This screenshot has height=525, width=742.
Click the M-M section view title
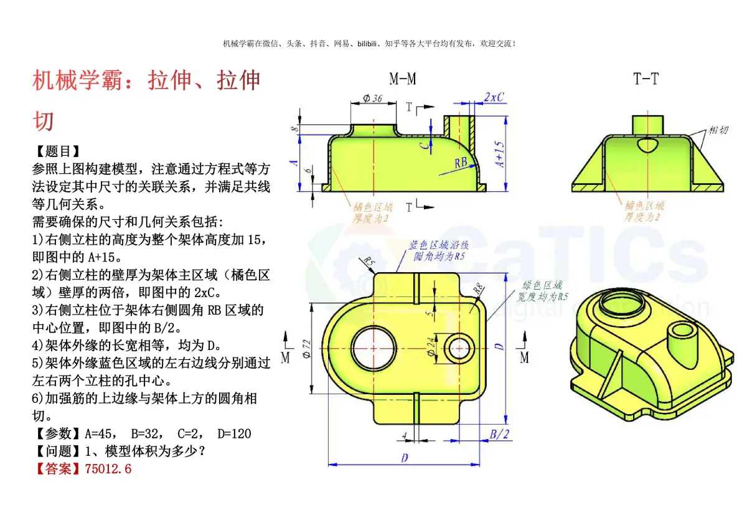tap(403, 78)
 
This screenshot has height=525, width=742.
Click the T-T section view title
tap(646, 78)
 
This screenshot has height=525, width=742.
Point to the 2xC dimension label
tap(494, 97)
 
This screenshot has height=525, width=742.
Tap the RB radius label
tap(461, 163)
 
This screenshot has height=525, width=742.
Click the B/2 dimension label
tap(499, 435)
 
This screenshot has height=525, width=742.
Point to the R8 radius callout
tap(478, 290)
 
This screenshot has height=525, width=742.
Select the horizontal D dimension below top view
tap(404, 458)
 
